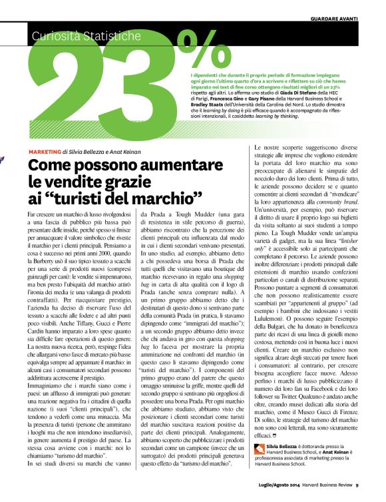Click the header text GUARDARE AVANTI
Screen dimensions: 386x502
pos(349,19)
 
